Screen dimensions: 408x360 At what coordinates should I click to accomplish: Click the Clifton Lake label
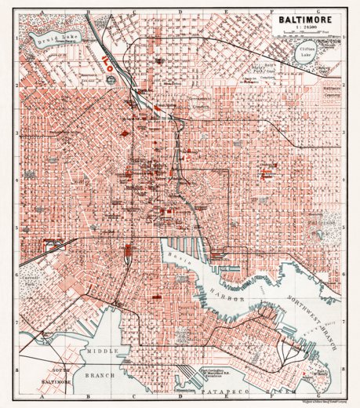click(301, 54)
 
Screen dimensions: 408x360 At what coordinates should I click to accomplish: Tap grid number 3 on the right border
click(344, 133)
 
